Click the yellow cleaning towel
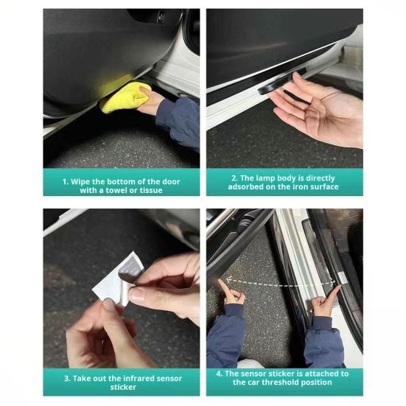click(125, 97)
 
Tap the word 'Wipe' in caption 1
click(80, 181)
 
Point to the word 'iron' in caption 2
click(294, 186)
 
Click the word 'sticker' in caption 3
click(123, 387)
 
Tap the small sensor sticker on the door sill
click(343, 278)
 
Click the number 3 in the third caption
click(67, 378)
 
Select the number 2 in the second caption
click(234, 178)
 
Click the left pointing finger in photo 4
click(224, 286)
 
